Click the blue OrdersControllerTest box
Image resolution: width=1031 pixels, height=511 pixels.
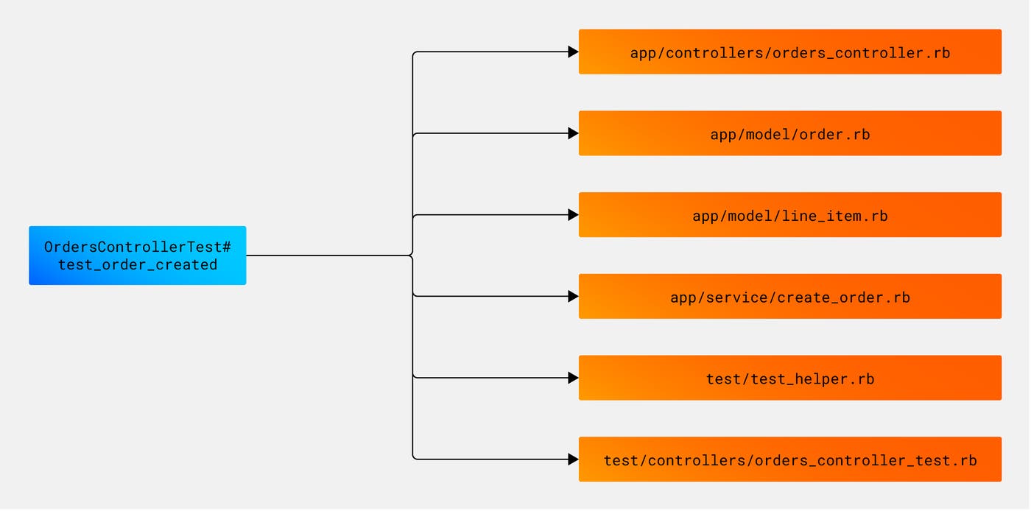[137, 255]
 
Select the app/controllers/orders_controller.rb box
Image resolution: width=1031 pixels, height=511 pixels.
[789, 52]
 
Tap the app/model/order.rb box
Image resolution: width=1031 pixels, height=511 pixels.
[789, 134]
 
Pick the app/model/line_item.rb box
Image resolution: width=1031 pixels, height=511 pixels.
[789, 216]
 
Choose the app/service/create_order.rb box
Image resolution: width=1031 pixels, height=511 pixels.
[789, 297]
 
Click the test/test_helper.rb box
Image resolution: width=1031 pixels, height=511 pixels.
[789, 378]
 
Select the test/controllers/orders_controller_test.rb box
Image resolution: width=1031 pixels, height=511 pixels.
[789, 460]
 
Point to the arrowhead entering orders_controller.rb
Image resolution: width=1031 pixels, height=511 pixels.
[573, 52]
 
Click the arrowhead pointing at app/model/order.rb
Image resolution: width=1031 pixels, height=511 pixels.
[573, 134]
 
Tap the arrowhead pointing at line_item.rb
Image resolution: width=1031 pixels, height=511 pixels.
[573, 215]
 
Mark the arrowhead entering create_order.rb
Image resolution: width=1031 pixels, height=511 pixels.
[573, 297]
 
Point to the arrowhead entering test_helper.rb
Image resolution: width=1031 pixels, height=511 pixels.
[573, 378]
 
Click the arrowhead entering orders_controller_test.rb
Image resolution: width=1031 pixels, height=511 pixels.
[573, 459]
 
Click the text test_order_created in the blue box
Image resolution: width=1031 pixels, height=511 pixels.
[138, 265]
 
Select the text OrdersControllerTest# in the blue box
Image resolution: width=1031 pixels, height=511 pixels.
[138, 247]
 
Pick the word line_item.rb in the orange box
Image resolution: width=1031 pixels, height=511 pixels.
[840, 216]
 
